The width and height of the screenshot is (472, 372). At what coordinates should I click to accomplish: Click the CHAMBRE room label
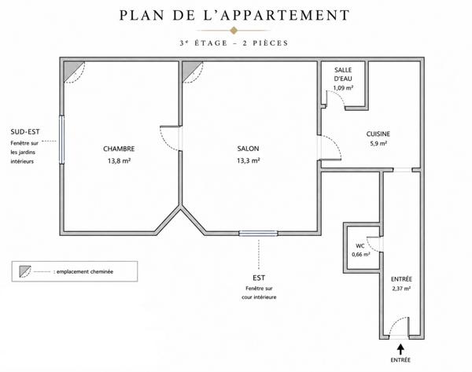[x=119, y=149]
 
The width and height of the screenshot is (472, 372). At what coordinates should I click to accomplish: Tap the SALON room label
[x=248, y=149]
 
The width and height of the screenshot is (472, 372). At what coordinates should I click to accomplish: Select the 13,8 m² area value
[x=119, y=160]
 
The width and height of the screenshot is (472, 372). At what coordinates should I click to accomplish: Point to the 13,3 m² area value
[x=248, y=160]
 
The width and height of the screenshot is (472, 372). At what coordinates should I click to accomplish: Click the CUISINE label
[x=378, y=134]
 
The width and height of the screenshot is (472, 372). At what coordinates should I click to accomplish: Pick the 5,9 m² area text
[x=378, y=144]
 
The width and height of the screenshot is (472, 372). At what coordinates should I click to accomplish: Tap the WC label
[x=360, y=246]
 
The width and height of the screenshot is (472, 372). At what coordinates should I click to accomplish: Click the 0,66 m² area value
[x=361, y=254]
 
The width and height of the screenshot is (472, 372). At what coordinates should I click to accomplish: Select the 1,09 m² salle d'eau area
[x=343, y=88]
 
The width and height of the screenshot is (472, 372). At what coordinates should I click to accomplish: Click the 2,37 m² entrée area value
[x=401, y=289]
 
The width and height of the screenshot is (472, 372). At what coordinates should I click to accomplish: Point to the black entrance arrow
[x=400, y=349]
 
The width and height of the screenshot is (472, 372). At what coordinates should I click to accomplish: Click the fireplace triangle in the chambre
[x=72, y=70]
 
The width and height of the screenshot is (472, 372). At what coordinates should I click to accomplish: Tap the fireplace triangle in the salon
[x=190, y=70]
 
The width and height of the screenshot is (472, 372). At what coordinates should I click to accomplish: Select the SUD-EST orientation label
[x=25, y=132]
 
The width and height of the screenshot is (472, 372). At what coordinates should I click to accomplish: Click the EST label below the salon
[x=259, y=278]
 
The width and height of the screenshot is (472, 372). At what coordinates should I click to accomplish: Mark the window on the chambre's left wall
[x=61, y=140]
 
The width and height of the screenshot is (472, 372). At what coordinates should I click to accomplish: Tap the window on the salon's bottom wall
[x=258, y=234]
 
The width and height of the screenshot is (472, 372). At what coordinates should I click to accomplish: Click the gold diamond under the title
[x=234, y=31]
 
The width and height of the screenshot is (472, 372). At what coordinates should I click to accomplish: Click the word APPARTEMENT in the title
[x=285, y=16]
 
